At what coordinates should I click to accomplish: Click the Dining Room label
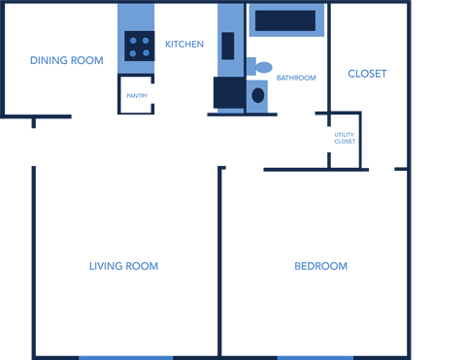tap(66, 61)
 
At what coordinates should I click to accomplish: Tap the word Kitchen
tap(183, 45)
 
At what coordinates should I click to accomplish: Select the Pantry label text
tap(135, 95)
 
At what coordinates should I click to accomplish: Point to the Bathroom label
tap(296, 78)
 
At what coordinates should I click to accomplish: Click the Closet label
tap(367, 74)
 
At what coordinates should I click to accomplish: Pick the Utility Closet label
tap(345, 139)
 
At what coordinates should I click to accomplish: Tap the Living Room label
tap(123, 266)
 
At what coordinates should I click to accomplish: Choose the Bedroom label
tap(320, 266)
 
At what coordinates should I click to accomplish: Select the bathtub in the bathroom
tap(286, 20)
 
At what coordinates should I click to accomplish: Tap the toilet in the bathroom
tap(260, 67)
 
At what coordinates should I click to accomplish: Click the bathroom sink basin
tap(258, 95)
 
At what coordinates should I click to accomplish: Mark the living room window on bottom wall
tap(125, 357)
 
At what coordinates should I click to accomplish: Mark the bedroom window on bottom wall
tap(315, 357)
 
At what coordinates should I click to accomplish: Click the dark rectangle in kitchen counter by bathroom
tap(228, 46)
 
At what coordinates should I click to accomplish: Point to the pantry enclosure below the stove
tap(136, 95)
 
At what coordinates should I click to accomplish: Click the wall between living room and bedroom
tap(220, 262)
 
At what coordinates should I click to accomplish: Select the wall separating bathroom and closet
tap(329, 58)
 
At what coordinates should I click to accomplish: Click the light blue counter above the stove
tap(136, 16)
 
